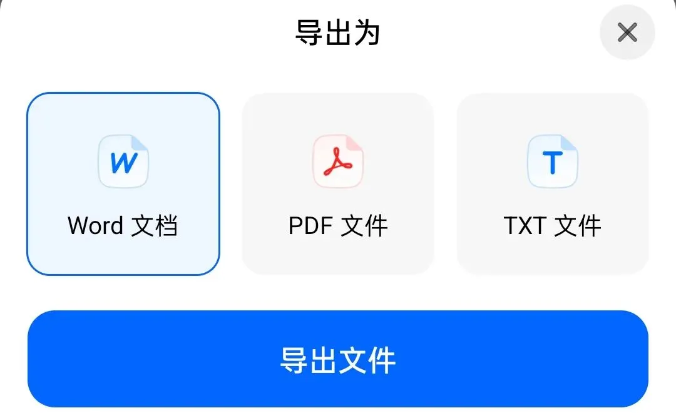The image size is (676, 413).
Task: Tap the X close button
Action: click(x=627, y=33)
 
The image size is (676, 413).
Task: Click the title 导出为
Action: click(x=337, y=33)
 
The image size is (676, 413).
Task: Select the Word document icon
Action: click(x=123, y=161)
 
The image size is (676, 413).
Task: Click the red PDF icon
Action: click(x=338, y=161)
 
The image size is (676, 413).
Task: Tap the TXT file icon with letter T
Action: click(x=553, y=161)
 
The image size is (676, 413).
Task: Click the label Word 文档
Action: click(x=123, y=225)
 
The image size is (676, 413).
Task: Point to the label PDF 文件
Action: click(x=338, y=225)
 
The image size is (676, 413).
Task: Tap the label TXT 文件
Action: click(x=553, y=225)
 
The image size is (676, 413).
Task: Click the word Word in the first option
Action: click(x=96, y=225)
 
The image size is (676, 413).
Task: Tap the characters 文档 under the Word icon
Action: click(x=155, y=225)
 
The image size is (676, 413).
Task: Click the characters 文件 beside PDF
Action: click(x=364, y=225)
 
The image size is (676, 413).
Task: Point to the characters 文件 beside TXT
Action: click(x=578, y=225)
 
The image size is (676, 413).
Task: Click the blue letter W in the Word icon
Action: click(x=123, y=163)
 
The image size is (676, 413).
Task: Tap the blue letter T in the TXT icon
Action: click(x=552, y=163)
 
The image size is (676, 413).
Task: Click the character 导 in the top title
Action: click(x=309, y=33)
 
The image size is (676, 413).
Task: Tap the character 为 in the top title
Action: click(x=366, y=33)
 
